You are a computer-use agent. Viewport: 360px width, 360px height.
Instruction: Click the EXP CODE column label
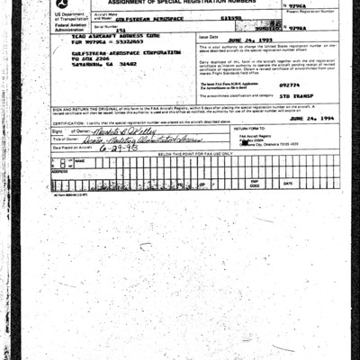tap(255, 184)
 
